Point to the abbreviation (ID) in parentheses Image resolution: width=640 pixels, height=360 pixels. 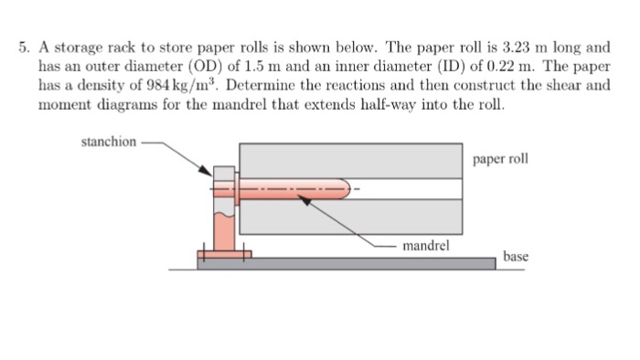point(425,66)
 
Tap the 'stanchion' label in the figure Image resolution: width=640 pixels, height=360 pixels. point(110,142)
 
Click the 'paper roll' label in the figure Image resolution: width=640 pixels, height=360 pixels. point(500,159)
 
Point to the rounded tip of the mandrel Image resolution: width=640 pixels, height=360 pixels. point(346,190)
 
